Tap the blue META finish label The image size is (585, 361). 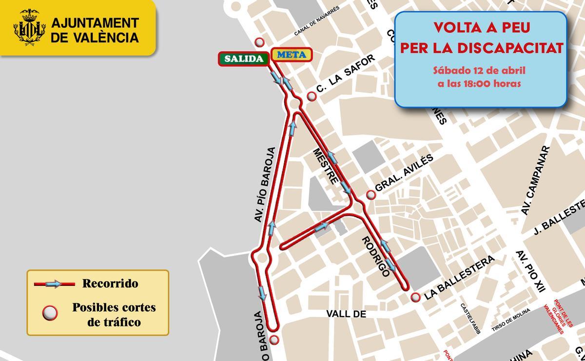coord(292,55)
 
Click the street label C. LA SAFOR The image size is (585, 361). coord(346,74)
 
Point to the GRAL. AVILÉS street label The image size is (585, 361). coord(404,173)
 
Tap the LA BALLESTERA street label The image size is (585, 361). coord(459,278)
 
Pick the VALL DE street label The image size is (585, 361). coord(347,314)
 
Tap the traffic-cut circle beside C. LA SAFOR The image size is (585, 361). coord(312,97)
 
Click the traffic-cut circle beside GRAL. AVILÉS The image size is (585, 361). coord(371,195)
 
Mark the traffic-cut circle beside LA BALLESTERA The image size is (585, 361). coord(415,297)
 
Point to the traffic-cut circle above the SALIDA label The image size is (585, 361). coord(260,42)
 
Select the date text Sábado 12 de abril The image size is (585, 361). coord(480,70)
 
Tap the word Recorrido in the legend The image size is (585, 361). coord(110,283)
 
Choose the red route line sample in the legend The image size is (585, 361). coord(54,283)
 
